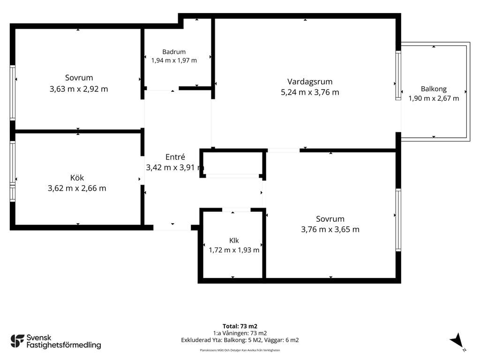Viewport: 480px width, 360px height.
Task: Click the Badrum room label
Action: (x=174, y=52)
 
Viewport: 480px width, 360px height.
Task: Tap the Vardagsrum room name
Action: (x=310, y=82)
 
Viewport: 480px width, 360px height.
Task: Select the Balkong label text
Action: (x=434, y=89)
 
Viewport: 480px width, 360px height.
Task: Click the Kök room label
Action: (x=77, y=178)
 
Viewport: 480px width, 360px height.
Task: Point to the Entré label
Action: (x=175, y=157)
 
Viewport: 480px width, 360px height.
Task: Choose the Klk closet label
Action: (x=234, y=240)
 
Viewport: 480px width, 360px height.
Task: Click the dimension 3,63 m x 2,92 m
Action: (x=79, y=89)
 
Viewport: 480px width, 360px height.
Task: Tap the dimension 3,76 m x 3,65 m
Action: (x=330, y=229)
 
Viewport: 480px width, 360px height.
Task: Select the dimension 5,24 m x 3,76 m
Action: (x=310, y=92)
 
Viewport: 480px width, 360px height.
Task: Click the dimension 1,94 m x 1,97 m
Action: (x=174, y=60)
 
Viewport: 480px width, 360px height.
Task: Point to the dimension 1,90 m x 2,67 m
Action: (x=434, y=98)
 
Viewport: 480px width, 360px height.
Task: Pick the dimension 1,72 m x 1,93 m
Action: (x=234, y=250)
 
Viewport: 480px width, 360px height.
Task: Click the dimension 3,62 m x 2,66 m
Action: (x=77, y=188)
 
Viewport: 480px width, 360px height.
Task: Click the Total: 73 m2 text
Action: (x=240, y=326)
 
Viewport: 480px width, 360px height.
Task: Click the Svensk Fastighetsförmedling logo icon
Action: (x=17, y=341)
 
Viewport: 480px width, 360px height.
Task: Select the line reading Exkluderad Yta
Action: (x=240, y=340)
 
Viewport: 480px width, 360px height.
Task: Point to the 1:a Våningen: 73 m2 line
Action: (x=240, y=333)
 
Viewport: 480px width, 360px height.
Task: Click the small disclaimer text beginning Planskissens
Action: (x=240, y=350)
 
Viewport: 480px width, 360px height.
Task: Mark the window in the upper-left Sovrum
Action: (x=13, y=92)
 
